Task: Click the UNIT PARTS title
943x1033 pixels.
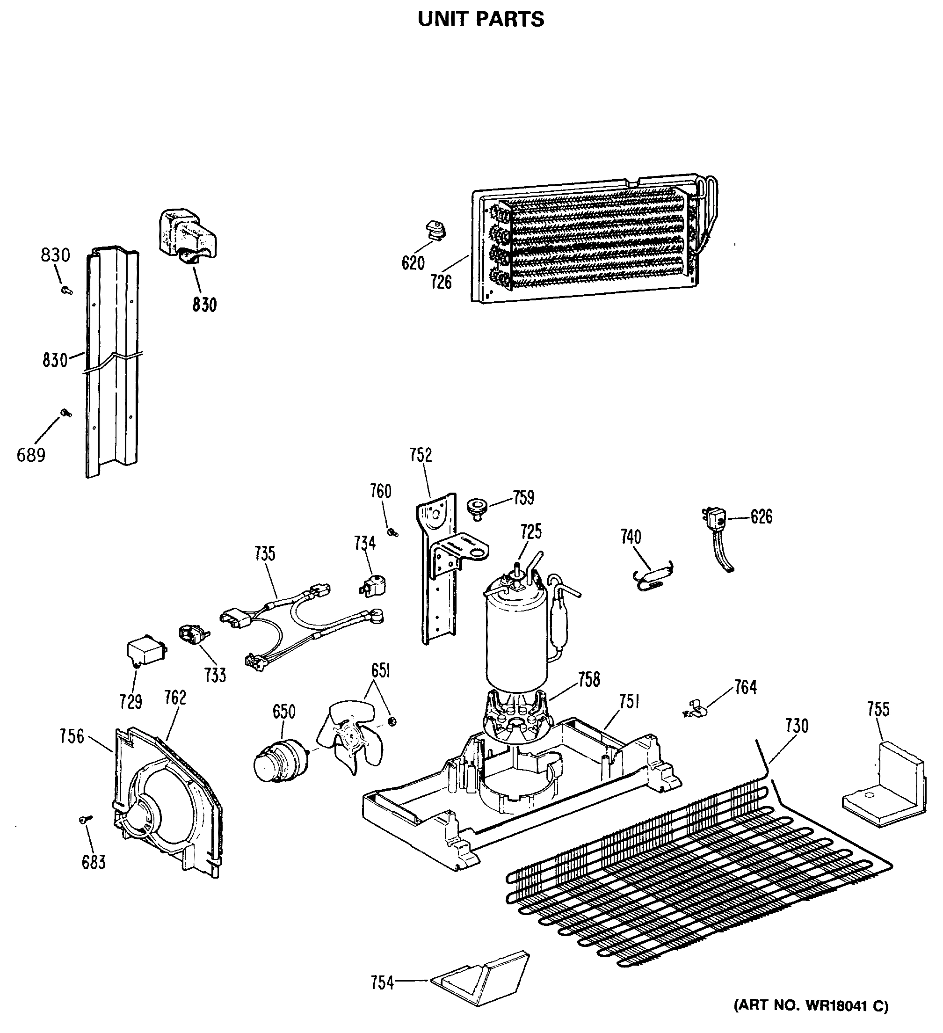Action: point(480,20)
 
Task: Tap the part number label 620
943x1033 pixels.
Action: point(413,263)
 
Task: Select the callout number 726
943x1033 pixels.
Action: point(441,281)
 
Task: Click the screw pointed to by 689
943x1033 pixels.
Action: point(65,413)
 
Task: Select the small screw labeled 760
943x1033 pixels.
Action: point(393,533)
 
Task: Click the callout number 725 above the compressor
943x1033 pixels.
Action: point(531,532)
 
